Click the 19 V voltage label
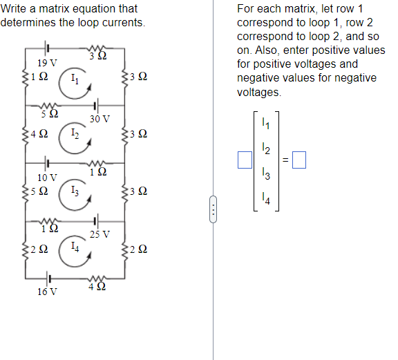pyautogui.click(x=47, y=63)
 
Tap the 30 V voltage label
pyautogui.click(x=99, y=119)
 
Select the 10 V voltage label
pyautogui.click(x=47, y=178)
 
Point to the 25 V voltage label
pyautogui.click(x=99, y=234)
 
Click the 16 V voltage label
pyautogui.click(x=47, y=292)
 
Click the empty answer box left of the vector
pyautogui.click(x=244, y=162)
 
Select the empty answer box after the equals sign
pyautogui.click(x=300, y=162)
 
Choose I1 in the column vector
pyautogui.click(x=266, y=124)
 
